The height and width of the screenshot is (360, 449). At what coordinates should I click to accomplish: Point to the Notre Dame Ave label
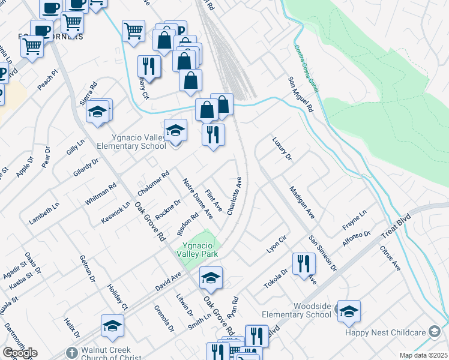tap(198, 197)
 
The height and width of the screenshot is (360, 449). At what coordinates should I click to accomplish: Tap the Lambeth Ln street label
tap(44, 213)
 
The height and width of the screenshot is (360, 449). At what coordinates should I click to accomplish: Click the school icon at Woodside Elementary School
tap(349, 311)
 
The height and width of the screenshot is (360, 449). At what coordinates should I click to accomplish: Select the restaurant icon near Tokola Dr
tap(304, 263)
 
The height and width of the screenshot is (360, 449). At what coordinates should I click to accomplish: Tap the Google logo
tap(20, 353)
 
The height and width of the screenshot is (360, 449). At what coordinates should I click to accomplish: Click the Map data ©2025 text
tap(423, 355)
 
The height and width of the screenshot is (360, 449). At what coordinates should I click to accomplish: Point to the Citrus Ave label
tap(390, 257)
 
